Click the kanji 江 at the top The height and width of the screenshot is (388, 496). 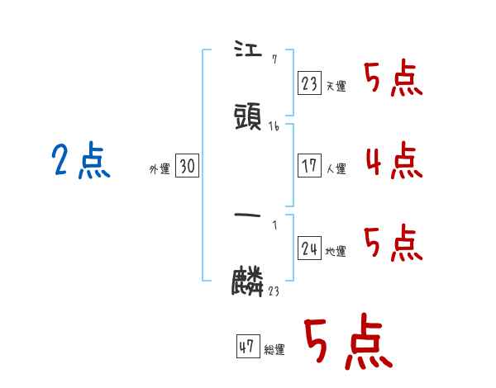point(248,52)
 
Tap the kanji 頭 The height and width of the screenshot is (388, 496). point(249,117)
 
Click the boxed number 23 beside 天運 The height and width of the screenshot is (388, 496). point(308,83)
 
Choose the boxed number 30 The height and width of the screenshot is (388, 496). point(187,167)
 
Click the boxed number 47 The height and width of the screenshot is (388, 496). point(247,347)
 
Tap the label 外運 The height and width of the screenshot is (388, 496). point(160,169)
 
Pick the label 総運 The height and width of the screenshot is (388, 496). point(274,350)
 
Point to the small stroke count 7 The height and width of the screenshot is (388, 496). point(274,59)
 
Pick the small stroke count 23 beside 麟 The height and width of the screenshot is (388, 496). point(274,291)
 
